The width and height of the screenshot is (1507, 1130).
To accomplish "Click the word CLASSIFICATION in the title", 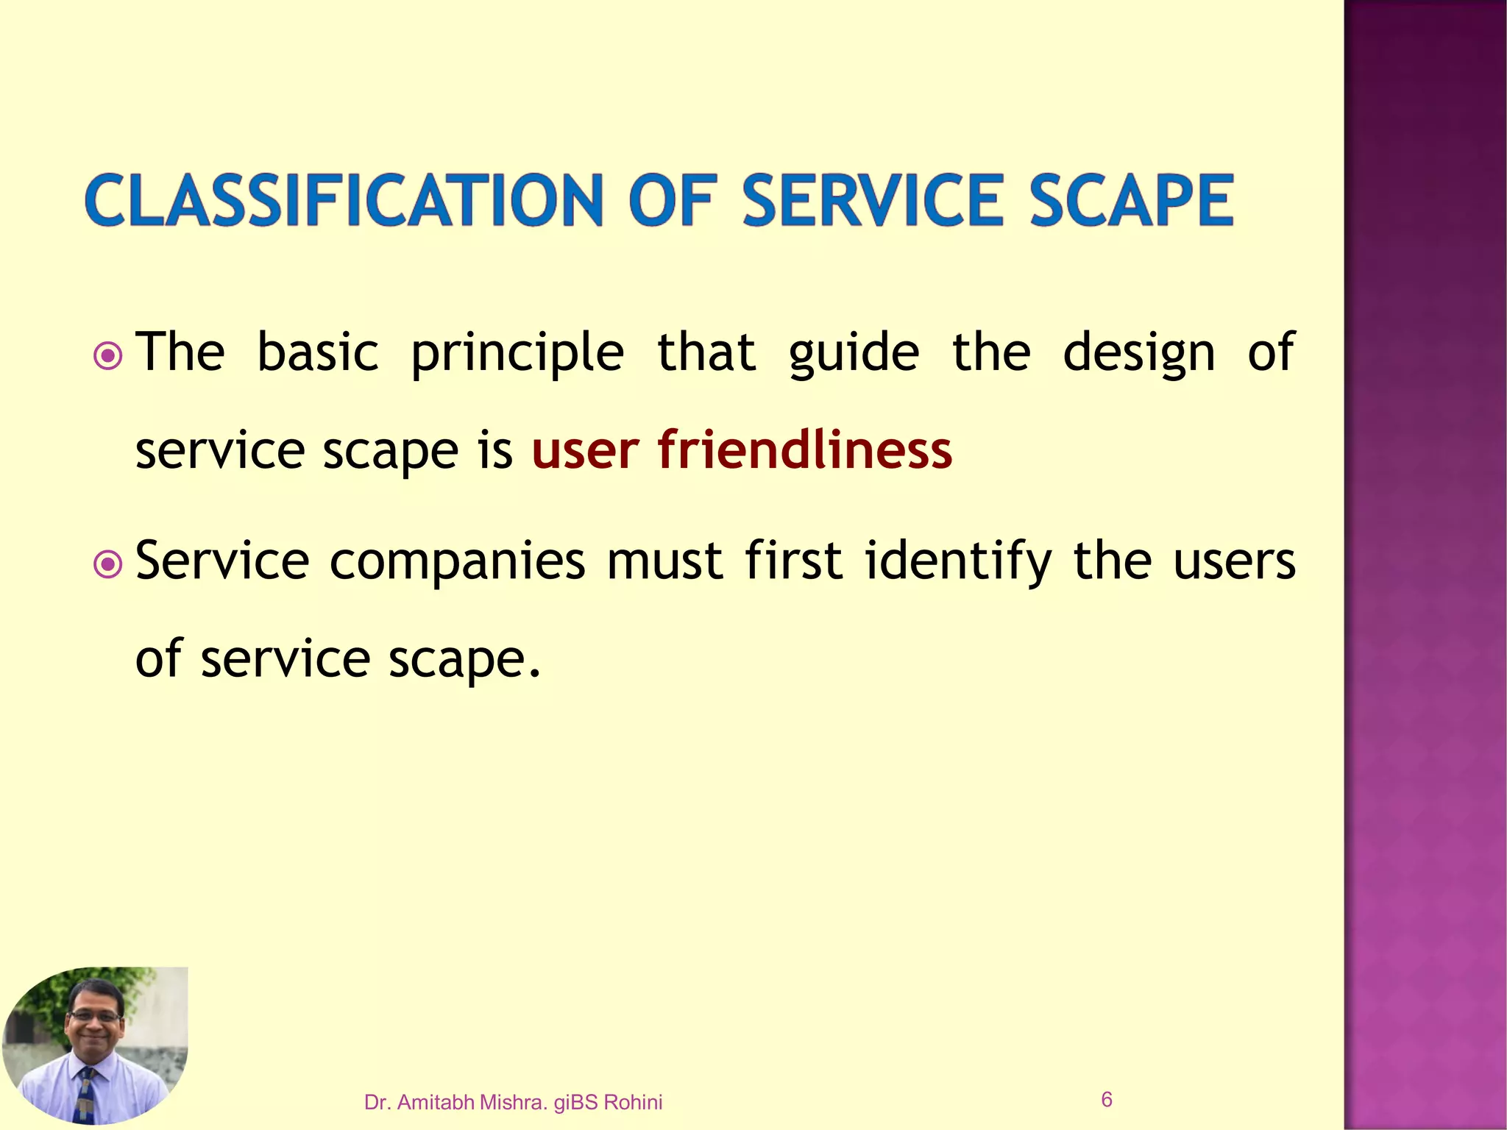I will click(x=344, y=200).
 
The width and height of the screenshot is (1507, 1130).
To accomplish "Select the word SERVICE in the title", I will click(x=873, y=200).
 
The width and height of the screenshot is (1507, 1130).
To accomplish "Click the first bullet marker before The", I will click(x=108, y=357).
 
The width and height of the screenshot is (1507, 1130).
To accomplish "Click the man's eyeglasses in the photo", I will click(x=94, y=1015).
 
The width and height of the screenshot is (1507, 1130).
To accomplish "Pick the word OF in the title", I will click(x=671, y=200).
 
